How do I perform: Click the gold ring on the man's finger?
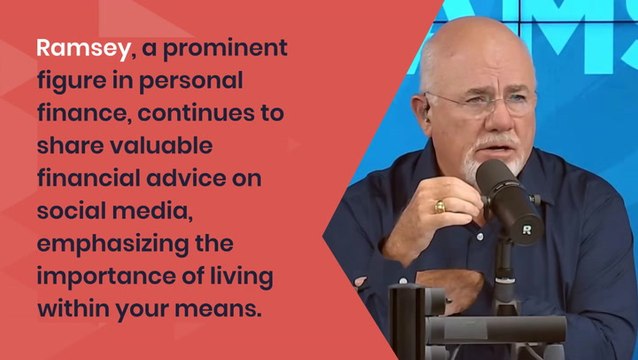click(439, 207)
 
